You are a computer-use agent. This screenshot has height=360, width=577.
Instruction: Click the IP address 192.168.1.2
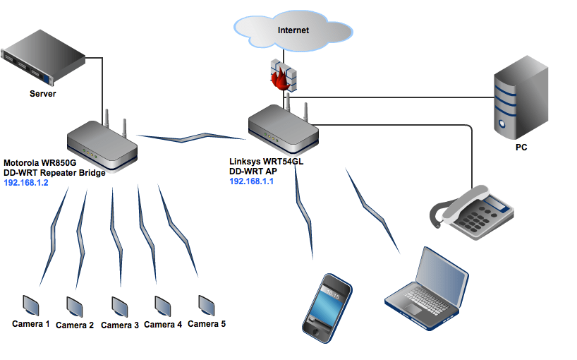26,182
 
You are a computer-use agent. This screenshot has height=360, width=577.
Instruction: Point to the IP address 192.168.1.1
251,181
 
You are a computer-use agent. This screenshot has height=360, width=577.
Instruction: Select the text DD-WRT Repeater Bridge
54,172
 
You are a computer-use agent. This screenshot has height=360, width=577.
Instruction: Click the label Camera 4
163,325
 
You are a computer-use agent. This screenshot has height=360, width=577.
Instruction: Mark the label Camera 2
75,325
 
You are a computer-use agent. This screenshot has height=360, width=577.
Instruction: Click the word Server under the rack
42,94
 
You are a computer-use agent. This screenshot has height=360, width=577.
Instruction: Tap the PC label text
521,148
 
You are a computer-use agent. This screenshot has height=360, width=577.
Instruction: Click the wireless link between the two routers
190,133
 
